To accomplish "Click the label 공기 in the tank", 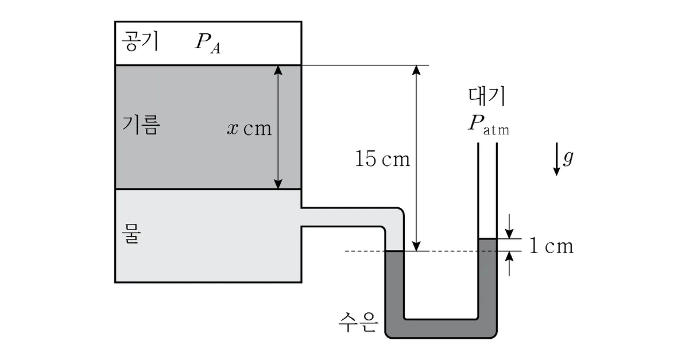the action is click(x=140, y=41).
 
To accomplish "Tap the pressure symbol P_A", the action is click(x=208, y=44).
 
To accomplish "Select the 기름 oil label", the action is click(x=141, y=125).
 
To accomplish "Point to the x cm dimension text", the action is click(x=249, y=128).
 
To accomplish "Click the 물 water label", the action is click(x=131, y=234).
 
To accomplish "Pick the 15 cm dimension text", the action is click(x=382, y=159).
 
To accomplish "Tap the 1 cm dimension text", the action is click(x=551, y=246).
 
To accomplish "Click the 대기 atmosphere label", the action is click(x=487, y=96).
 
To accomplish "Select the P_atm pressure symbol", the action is click(x=489, y=125).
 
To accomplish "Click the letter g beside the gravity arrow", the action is click(x=568, y=157).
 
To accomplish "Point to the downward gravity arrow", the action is click(x=556, y=159).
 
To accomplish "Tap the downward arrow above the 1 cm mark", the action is click(x=509, y=226).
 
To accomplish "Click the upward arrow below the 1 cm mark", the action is click(x=509, y=264).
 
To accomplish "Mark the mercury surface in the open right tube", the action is click(x=487, y=239).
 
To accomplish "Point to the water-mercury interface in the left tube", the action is click(x=394, y=251).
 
